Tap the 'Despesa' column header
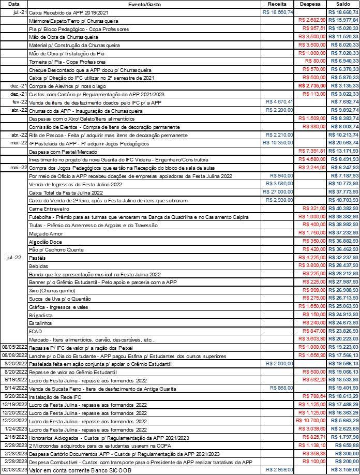pyautogui.click(x=310, y=4)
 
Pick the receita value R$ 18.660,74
pyautogui.click(x=278, y=12)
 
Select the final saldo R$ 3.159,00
pyautogui.click(x=344, y=469)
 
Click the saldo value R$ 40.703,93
pyautogui.click(x=343, y=200)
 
